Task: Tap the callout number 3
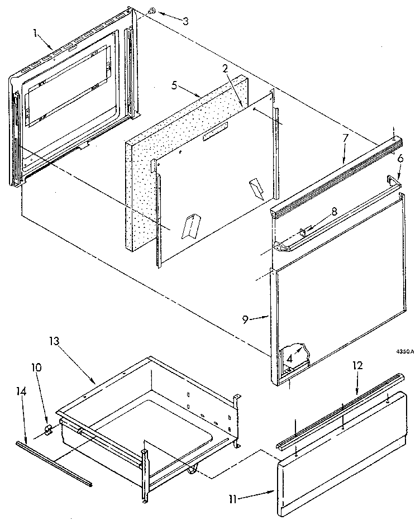coord(185,21)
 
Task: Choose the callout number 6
coord(399,159)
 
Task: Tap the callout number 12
coord(357,366)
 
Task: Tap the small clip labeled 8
coord(302,231)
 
